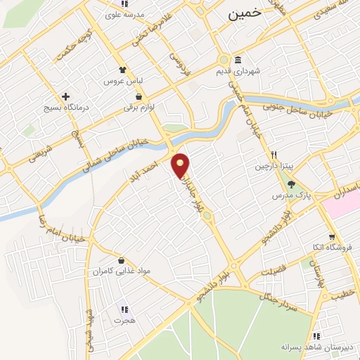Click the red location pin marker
click(x=181, y=166)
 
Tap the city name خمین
click(x=243, y=12)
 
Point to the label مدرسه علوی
click(x=124, y=15)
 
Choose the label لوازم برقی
click(x=139, y=108)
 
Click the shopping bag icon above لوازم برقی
click(x=139, y=96)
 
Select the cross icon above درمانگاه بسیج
click(x=66, y=96)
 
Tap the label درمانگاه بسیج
click(x=66, y=108)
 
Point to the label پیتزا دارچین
click(x=272, y=167)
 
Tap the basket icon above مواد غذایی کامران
click(x=122, y=260)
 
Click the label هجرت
click(x=124, y=320)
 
